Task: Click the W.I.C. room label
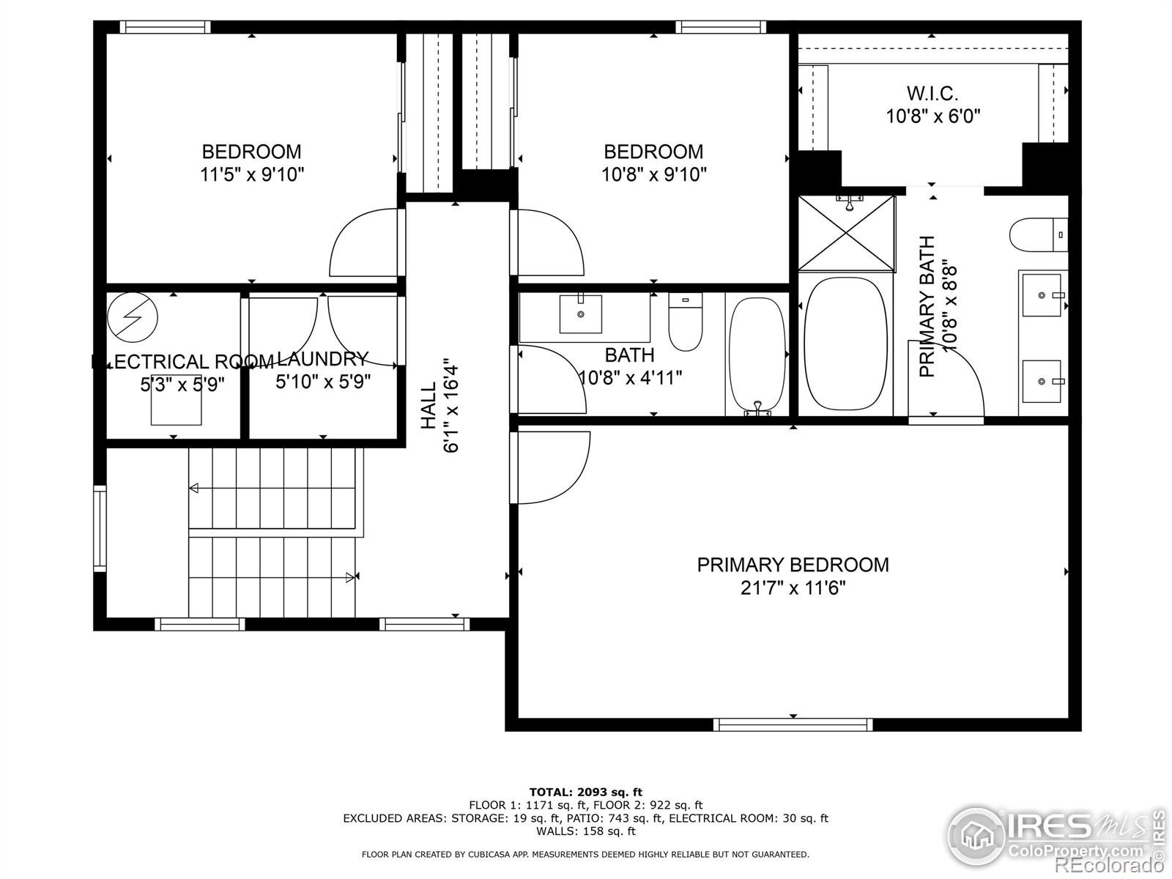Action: tap(932, 94)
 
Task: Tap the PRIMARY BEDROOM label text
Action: tap(793, 565)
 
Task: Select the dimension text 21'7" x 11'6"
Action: tap(793, 588)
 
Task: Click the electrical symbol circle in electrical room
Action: tap(133, 317)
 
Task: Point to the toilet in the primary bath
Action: tap(1036, 235)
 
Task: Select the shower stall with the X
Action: tap(846, 234)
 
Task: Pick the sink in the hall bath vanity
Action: tap(581, 314)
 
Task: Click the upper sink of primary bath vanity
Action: tap(1041, 295)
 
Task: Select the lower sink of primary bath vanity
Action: tap(1041, 380)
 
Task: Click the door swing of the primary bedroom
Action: tap(551, 467)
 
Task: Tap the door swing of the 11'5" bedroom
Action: tap(364, 243)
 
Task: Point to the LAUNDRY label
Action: tap(323, 358)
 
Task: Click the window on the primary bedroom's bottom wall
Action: tap(793, 724)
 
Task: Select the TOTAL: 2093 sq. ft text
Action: tap(585, 792)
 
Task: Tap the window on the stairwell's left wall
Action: tap(100, 527)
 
